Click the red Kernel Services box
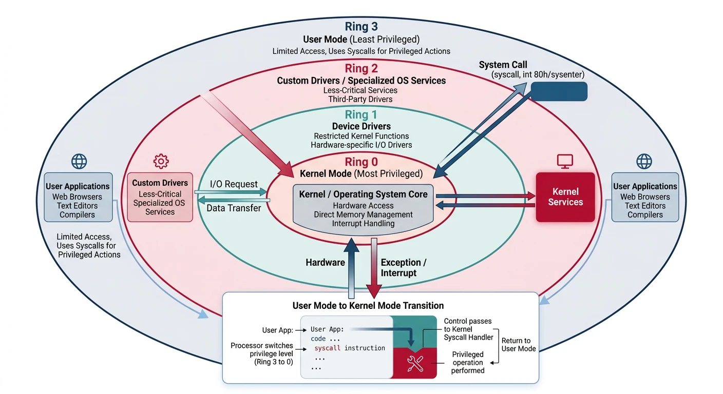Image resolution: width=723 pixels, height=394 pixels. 565,197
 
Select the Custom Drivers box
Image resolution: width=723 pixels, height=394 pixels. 160,197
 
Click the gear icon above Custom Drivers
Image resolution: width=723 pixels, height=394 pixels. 161,162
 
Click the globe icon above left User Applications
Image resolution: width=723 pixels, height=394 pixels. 79,162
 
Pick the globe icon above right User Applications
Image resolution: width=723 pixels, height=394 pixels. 644,162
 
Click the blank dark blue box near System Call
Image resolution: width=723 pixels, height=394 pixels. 559,91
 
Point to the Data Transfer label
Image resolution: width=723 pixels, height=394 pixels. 234,208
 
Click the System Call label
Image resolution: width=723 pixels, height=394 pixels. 503,65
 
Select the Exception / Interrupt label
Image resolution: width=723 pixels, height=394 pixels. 403,267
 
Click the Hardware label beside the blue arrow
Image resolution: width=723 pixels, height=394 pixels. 325,263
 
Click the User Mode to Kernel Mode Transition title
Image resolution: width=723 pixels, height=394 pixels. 368,306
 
